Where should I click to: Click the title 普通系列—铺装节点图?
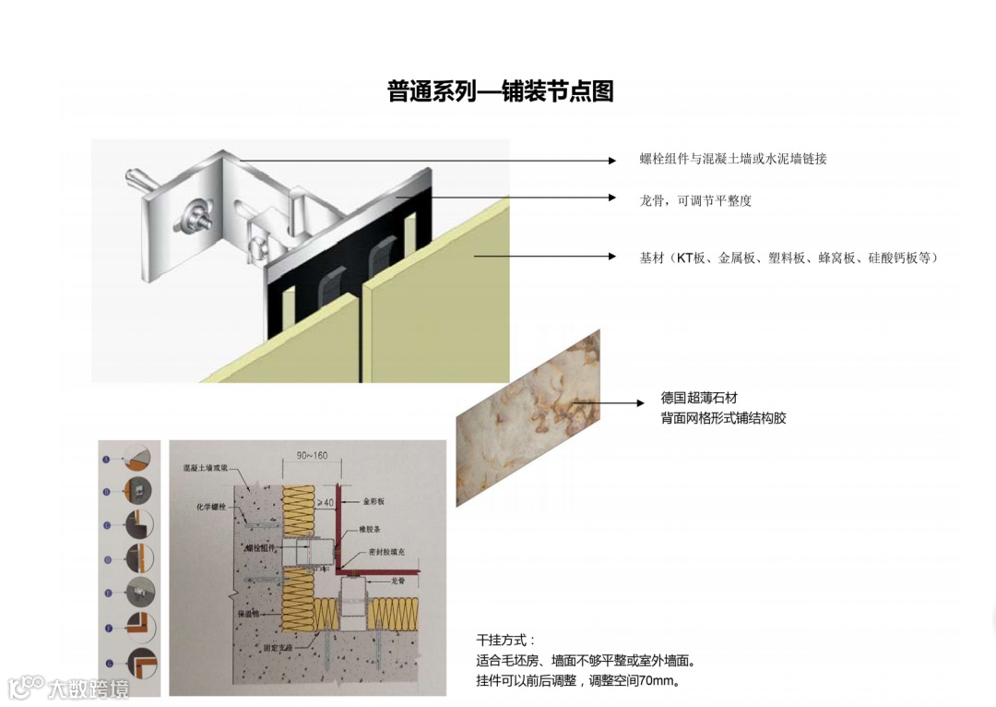point(500,91)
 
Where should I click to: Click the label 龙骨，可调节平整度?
point(695,200)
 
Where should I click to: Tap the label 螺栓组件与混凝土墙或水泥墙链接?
point(733,159)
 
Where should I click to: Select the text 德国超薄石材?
point(699,398)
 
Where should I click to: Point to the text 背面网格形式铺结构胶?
point(723,418)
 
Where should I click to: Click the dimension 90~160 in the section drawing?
point(312,455)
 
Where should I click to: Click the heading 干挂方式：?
point(504,640)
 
